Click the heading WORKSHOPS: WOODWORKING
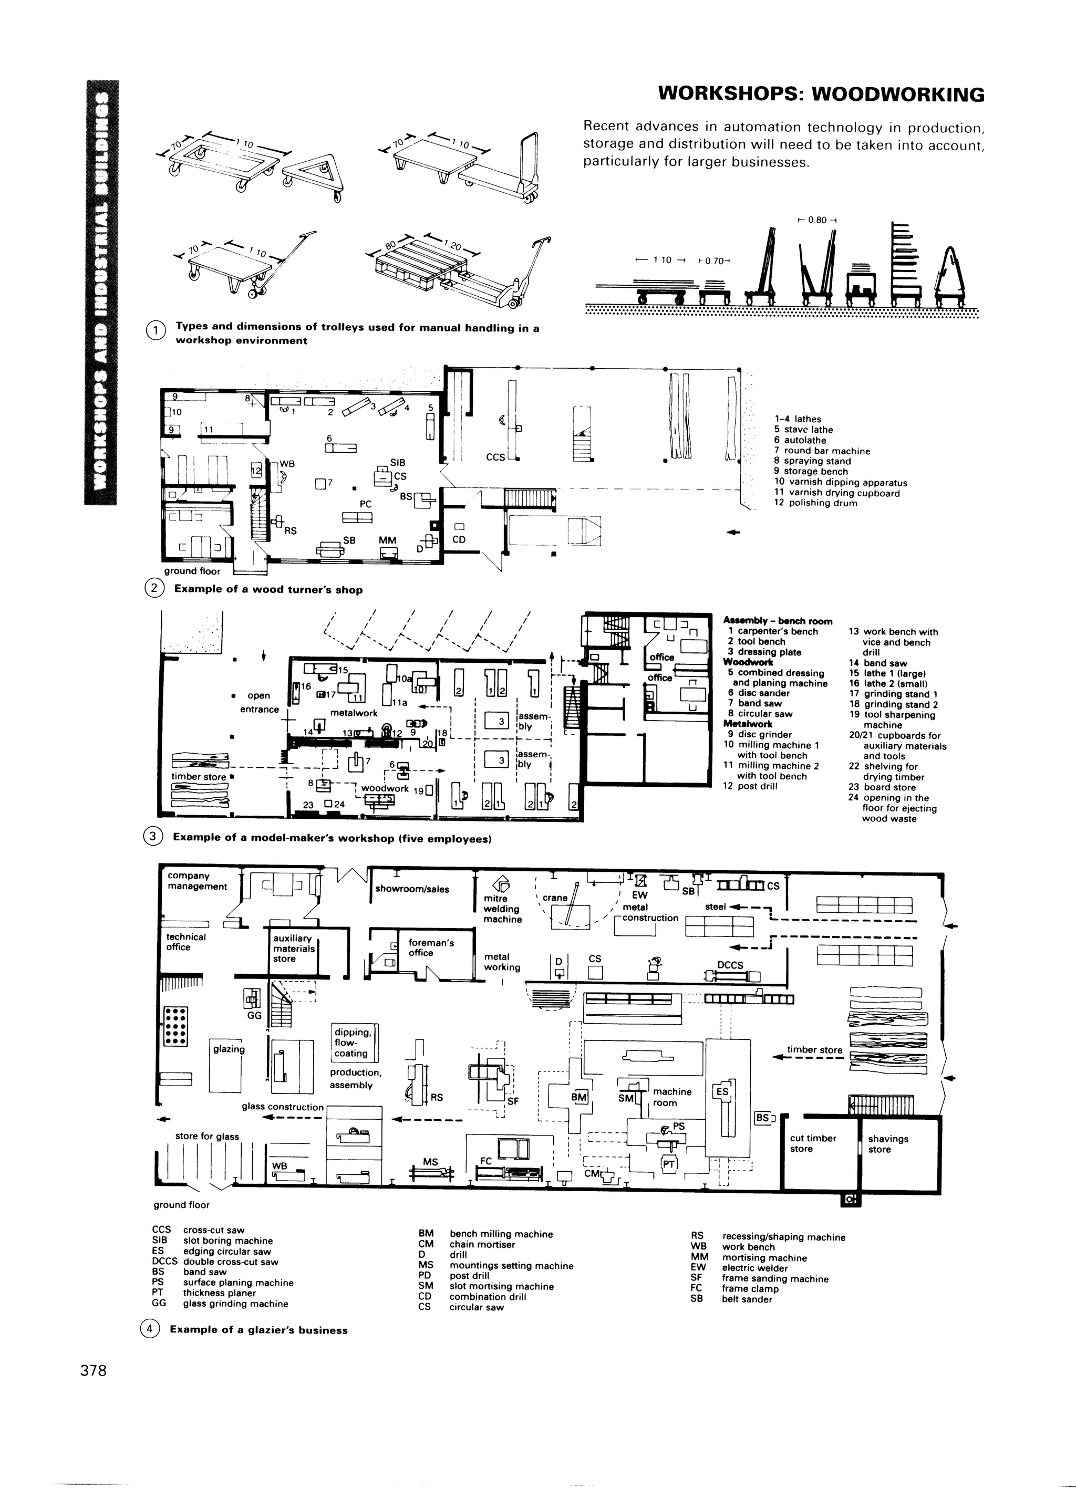(821, 95)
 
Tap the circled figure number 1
(155, 331)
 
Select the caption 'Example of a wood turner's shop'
(268, 589)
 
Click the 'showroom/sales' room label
(412, 889)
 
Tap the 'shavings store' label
(888, 1144)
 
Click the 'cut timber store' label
(813, 1143)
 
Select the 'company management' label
(197, 881)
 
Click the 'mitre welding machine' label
(502, 909)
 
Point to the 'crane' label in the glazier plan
(555, 898)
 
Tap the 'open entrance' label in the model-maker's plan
(259, 702)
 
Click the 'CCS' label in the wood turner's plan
(495, 456)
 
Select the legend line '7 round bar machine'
(822, 451)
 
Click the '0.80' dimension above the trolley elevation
(818, 220)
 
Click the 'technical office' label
(186, 942)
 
